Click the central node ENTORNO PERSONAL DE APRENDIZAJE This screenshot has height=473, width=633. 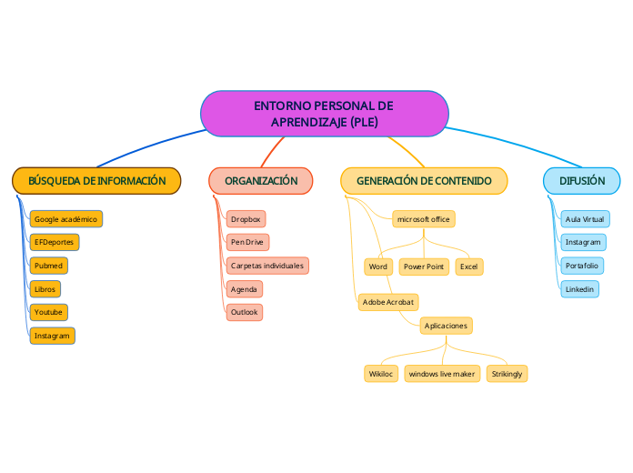(324, 114)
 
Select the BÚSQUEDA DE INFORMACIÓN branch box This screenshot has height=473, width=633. (96, 181)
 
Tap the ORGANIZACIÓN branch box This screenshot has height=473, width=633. (261, 181)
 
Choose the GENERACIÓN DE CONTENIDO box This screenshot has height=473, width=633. (424, 181)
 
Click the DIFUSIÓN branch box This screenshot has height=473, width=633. (582, 181)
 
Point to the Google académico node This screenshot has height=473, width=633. (65, 219)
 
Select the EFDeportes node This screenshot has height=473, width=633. (54, 242)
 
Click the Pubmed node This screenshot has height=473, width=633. (49, 266)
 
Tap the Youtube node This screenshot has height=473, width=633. (49, 312)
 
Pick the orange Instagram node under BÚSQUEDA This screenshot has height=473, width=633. (52, 336)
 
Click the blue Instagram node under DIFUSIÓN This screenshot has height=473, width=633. (583, 242)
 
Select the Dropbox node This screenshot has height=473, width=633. (246, 219)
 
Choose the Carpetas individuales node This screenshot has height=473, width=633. (267, 266)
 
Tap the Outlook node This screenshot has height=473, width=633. (245, 312)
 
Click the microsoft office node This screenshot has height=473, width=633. (424, 219)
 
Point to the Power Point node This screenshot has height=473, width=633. (424, 267)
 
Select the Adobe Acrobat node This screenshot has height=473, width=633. (388, 301)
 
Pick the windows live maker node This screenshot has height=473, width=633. (442, 374)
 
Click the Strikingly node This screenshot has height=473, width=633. (507, 374)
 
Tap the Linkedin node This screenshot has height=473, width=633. (579, 289)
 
